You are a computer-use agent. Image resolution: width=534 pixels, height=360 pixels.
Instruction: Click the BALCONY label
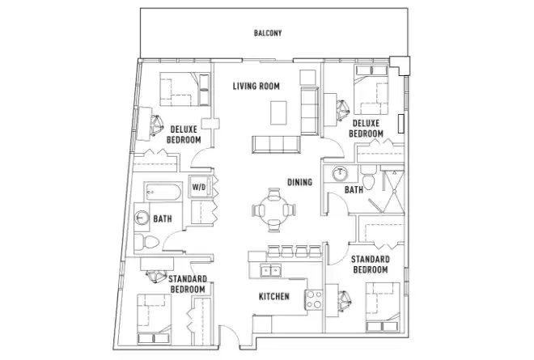pos(267,33)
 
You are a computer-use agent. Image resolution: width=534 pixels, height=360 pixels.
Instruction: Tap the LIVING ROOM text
pos(256,86)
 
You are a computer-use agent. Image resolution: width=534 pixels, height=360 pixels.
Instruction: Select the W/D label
pos(199,187)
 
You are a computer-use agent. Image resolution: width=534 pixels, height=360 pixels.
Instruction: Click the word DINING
pos(300,182)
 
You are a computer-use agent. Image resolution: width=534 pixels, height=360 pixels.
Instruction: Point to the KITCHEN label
pos(273,297)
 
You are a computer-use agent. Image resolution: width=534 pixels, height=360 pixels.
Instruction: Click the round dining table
pos(273,210)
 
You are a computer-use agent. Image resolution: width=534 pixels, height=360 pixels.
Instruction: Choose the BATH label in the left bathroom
pos(163,218)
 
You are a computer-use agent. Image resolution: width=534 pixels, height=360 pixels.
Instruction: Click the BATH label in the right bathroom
pos(353,190)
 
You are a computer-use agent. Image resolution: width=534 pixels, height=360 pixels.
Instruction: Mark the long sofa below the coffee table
pos(275,145)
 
